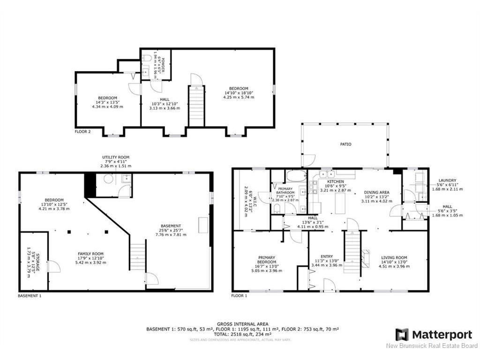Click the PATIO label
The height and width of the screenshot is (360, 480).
coord(345,144)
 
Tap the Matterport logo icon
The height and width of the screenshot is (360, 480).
coord(402,335)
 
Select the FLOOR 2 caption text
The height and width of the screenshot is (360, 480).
coord(82,132)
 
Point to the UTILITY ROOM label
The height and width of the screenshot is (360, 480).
coord(116,157)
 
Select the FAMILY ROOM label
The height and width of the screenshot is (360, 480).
coord(90,254)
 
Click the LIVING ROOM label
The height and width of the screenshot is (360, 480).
coord(394,257)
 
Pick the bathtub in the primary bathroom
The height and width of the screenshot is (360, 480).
coord(296,176)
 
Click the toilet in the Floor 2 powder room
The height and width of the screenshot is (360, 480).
coord(147,58)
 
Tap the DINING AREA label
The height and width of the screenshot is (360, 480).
coord(377,193)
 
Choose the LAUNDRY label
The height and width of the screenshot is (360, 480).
coord(447,180)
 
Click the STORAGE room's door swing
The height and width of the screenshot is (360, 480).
coord(54,267)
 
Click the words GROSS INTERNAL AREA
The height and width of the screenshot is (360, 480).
coord(242,324)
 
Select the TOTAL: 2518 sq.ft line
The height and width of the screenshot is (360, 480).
coord(242,334)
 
